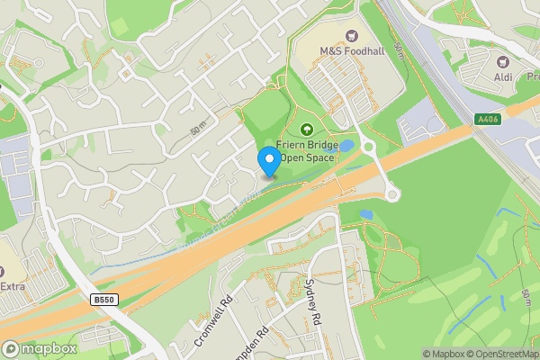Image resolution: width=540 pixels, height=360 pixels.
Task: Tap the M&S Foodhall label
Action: [352, 51]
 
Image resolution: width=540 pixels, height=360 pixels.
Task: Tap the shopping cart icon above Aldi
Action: [503, 63]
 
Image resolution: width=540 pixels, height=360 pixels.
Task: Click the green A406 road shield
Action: [489, 119]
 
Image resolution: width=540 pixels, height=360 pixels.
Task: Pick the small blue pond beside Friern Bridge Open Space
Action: [346, 145]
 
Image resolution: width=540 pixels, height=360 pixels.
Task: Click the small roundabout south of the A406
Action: [393, 193]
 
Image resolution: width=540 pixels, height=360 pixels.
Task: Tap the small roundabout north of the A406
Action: [366, 147]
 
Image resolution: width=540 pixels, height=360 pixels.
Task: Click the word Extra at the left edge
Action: [13, 286]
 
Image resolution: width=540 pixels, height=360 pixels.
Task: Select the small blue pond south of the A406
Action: [364, 215]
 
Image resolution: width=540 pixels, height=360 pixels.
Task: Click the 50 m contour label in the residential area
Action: [199, 129]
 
